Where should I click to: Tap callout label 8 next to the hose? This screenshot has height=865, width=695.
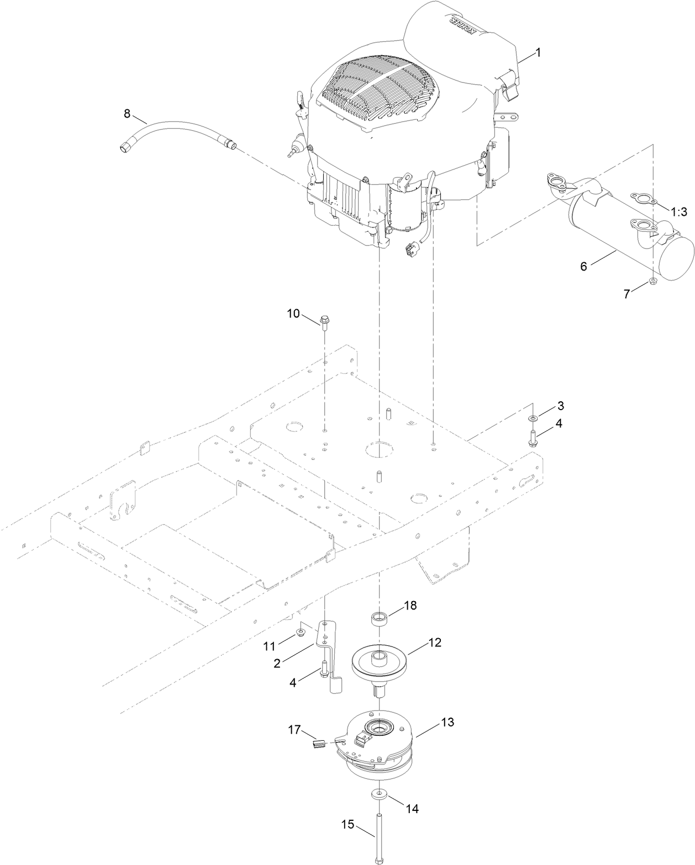pyautogui.click(x=127, y=114)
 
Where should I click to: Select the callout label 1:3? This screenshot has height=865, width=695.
pyautogui.click(x=678, y=211)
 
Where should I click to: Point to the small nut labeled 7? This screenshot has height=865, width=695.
pyautogui.click(x=652, y=282)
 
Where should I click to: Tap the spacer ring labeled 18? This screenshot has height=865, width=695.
pyautogui.click(x=379, y=616)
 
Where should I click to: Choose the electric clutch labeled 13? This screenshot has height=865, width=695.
pyautogui.click(x=378, y=746)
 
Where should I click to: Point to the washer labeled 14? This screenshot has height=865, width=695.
pyautogui.click(x=379, y=794)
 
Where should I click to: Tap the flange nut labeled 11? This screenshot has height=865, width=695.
pyautogui.click(x=301, y=633)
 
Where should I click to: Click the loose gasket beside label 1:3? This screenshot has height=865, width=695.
pyautogui.click(x=643, y=198)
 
